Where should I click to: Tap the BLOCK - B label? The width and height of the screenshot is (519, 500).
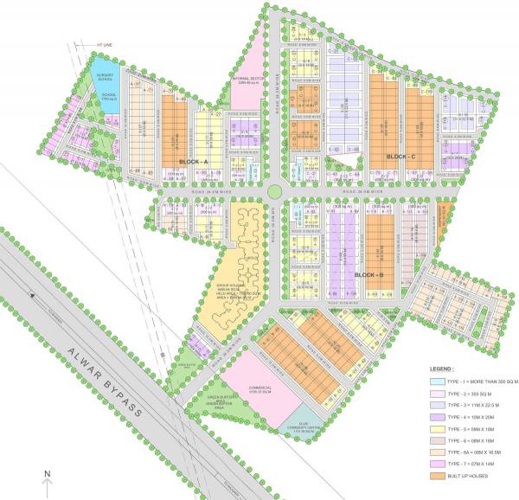(x=370, y=275)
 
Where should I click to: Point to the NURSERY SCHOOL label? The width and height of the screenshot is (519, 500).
(x=107, y=80)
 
